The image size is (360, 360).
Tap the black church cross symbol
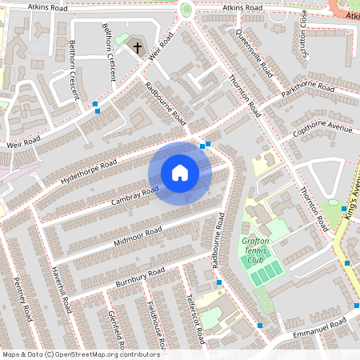[137, 49]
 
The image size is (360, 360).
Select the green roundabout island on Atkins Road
[186, 10]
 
